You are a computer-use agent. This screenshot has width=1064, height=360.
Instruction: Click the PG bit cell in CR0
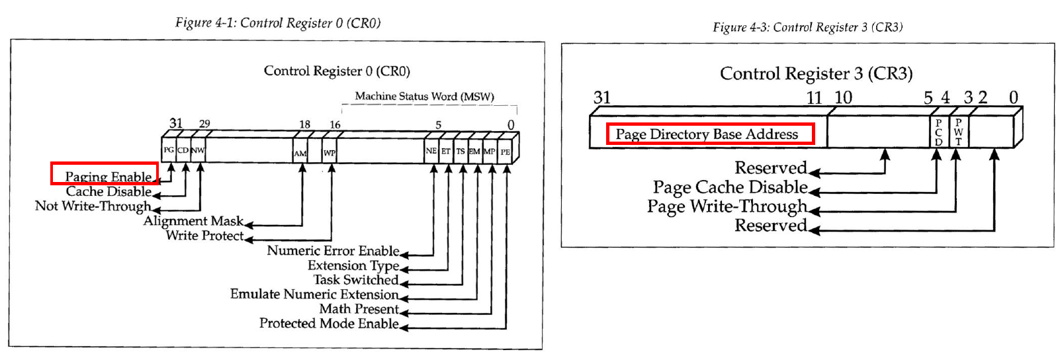[169, 150]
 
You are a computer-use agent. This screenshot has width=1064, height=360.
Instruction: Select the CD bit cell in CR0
[183, 150]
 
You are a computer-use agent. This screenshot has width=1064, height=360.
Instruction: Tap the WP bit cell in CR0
[330, 152]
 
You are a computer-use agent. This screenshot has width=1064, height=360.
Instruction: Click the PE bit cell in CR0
[506, 152]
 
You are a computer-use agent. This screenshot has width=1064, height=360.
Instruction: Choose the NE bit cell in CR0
[431, 151]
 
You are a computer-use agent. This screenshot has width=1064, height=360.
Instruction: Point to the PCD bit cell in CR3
[938, 132]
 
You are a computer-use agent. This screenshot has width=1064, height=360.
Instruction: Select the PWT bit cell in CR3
[958, 132]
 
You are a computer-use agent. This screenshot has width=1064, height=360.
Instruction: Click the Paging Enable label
[108, 177]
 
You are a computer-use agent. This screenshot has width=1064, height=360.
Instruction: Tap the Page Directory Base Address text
[707, 134]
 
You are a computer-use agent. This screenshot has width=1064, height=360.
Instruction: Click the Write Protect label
[204, 236]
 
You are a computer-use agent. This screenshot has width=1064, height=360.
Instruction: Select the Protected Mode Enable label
[329, 324]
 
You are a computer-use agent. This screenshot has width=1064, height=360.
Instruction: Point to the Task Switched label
[356, 280]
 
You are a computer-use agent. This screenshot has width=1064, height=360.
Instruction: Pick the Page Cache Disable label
[730, 187]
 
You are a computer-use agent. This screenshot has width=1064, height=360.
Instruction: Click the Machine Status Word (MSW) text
[424, 97]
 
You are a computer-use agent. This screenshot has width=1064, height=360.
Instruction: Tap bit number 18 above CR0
[304, 124]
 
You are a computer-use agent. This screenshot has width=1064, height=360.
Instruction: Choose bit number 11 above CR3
[814, 98]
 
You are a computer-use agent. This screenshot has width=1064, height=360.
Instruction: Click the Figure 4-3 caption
[807, 27]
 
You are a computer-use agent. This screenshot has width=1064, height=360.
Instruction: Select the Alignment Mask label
[193, 221]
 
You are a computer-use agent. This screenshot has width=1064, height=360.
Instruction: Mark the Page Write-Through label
[727, 206]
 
